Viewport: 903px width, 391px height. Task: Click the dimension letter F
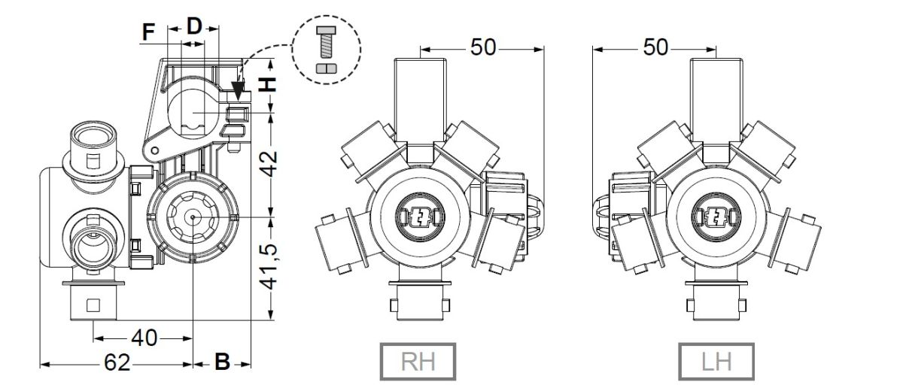pyautogui.click(x=149, y=32)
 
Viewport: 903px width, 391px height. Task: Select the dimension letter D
pyautogui.click(x=194, y=26)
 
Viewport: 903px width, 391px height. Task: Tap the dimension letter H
pyautogui.click(x=267, y=84)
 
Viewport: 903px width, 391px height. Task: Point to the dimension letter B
pyautogui.click(x=222, y=362)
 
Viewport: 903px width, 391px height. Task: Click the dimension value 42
pyautogui.click(x=268, y=164)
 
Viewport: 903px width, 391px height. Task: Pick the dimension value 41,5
pyautogui.click(x=269, y=266)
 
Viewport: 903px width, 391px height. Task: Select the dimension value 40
pyautogui.click(x=144, y=338)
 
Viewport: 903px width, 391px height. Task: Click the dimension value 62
pyautogui.click(x=117, y=362)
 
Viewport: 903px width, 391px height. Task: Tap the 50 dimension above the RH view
pyautogui.click(x=483, y=47)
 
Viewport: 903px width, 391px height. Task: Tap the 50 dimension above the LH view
pyautogui.click(x=655, y=47)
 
